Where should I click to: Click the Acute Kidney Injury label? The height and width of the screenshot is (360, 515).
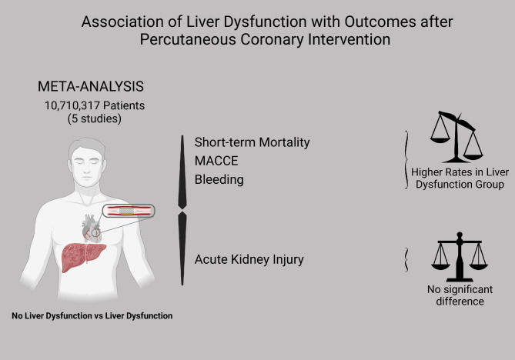249,259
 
